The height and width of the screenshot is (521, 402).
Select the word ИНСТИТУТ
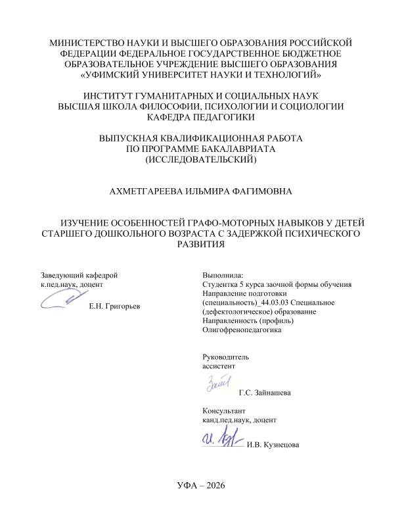click(x=112, y=96)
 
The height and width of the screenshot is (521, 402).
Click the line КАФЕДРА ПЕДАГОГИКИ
click(x=200, y=117)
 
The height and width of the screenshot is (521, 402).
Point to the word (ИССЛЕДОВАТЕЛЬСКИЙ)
click(x=200, y=159)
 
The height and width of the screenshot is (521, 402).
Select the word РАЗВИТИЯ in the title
click(x=200, y=244)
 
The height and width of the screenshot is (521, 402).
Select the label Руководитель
click(x=225, y=355)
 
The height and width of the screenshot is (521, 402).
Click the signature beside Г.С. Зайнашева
click(x=220, y=383)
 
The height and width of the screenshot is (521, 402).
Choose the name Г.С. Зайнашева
click(x=265, y=393)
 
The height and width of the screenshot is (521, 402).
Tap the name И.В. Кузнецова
click(x=272, y=445)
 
